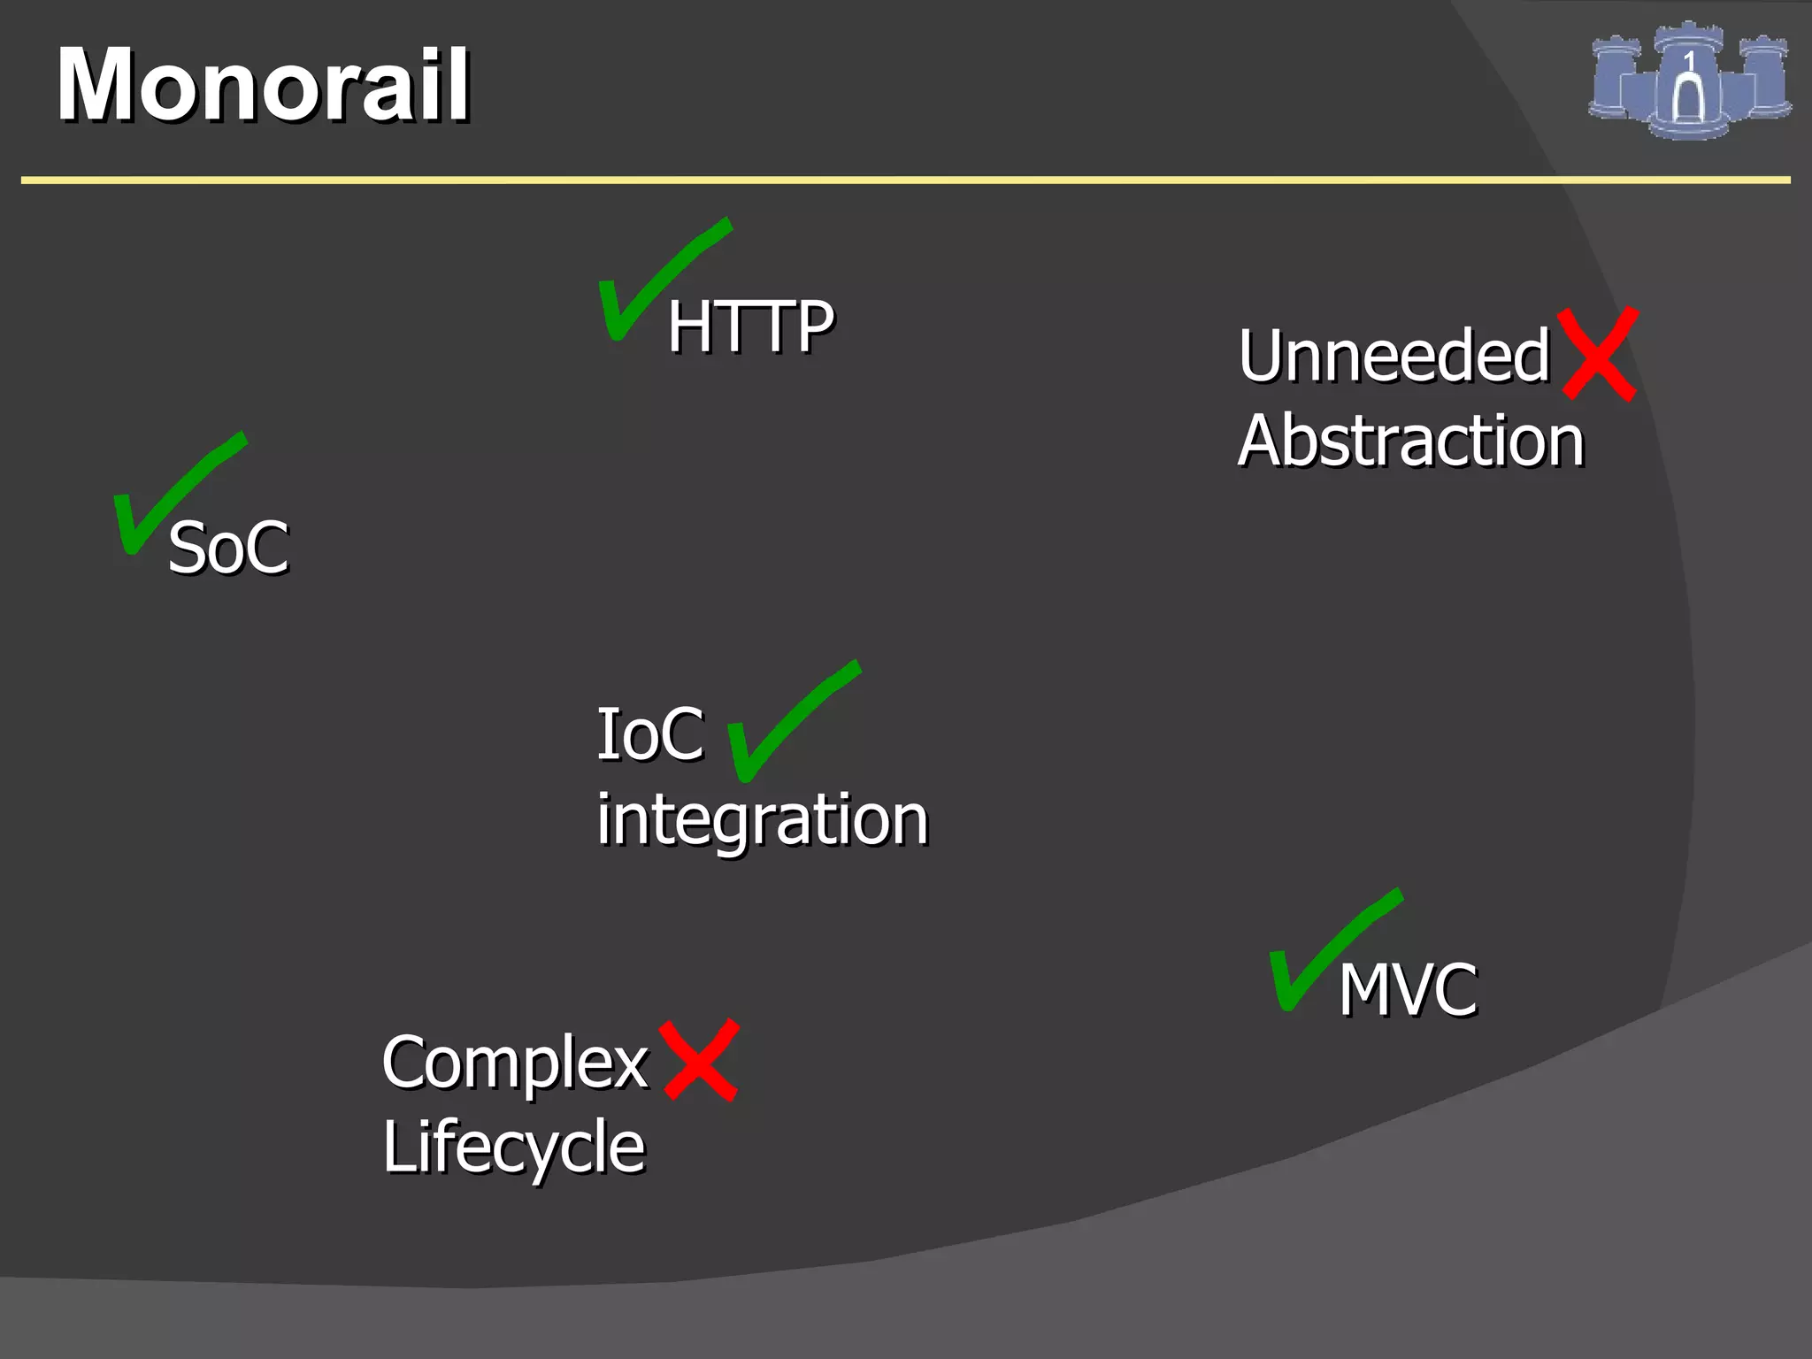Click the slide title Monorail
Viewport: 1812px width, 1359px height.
coord(263,85)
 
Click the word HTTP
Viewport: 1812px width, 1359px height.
coord(750,326)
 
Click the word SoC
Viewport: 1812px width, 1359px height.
coord(228,549)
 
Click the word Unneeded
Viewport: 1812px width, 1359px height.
coord(1394,356)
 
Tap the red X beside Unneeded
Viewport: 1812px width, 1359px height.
coord(1599,354)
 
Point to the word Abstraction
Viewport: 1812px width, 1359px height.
coord(1410,441)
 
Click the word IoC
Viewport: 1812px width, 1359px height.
coord(650,734)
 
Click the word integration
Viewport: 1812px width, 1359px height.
coord(762,819)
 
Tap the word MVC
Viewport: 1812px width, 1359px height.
coord(1407,989)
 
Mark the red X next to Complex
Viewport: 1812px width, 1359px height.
coord(700,1060)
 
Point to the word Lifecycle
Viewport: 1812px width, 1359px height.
coord(514,1148)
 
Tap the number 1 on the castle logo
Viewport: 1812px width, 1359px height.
coord(1689,60)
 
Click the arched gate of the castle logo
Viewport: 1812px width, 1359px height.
coord(1688,99)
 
